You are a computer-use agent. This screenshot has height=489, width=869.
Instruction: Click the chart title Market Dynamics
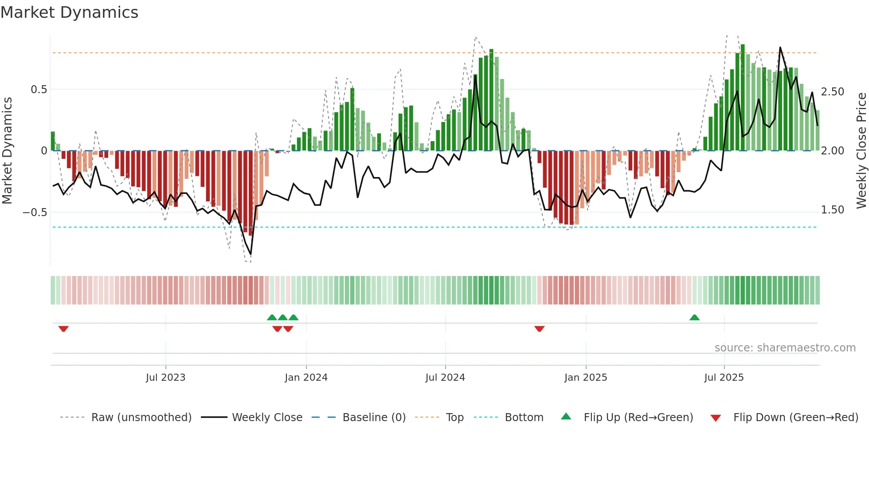69,12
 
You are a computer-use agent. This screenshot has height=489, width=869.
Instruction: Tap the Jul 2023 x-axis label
165,378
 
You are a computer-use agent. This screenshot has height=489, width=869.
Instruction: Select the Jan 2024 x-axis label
306,378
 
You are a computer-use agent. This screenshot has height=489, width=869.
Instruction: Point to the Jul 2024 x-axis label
445,378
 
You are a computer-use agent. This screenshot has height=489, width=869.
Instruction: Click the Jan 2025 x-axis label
586,378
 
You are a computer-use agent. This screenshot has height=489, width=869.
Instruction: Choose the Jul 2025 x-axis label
724,378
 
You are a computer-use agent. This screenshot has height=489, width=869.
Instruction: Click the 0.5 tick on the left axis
39,90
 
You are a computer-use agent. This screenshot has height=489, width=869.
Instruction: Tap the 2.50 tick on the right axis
833,92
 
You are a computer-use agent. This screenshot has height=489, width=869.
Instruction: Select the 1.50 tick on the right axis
833,210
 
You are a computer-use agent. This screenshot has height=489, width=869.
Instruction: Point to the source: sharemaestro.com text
785,348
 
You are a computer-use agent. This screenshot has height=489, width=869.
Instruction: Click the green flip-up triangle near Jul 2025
694,318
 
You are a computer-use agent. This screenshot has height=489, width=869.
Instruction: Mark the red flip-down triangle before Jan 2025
539,329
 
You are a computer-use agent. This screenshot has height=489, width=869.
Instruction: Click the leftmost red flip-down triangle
63,329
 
